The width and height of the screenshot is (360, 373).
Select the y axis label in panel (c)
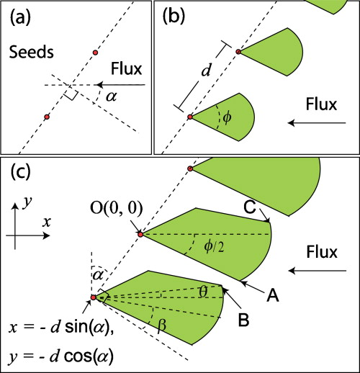click(26, 204)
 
